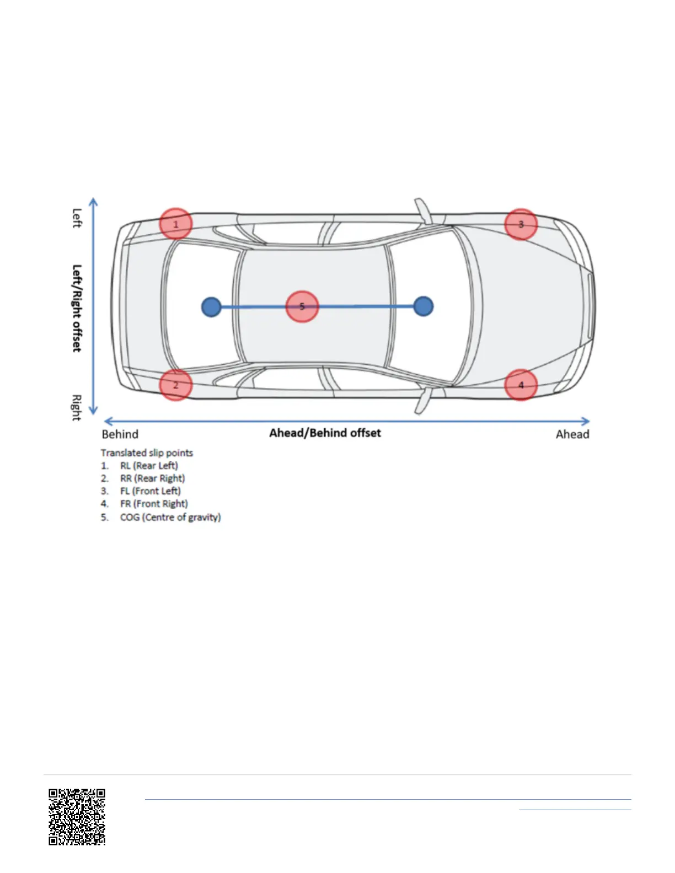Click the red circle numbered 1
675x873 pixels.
coord(176,224)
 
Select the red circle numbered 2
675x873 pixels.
coord(176,385)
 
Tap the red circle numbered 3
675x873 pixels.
coord(521,224)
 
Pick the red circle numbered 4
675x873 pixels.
coord(521,385)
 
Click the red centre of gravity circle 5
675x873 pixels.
coord(302,306)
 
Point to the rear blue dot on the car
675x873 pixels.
coord(211,307)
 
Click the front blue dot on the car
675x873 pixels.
coord(423,306)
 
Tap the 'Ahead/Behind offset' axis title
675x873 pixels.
coord(325,433)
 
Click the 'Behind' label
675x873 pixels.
coord(120,434)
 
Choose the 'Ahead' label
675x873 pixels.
coord(572,434)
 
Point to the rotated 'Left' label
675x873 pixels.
coord(77,218)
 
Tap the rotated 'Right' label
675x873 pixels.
coord(77,407)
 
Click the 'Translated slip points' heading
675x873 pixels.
coord(147,453)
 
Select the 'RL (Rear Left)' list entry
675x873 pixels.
coord(149,466)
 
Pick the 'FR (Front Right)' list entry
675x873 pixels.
coord(154,504)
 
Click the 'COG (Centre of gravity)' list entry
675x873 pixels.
coord(170,517)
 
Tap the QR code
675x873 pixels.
coord(77,817)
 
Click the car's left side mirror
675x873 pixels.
coord(422,211)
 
